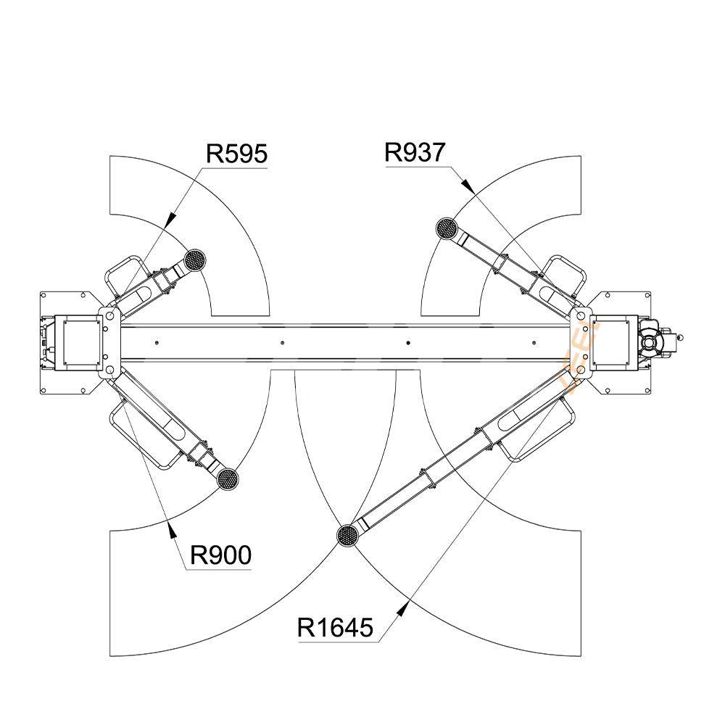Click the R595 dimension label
click(236, 154)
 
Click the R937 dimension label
click(415, 152)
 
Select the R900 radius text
click(220, 555)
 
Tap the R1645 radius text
click(335, 626)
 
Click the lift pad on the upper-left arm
click(194, 259)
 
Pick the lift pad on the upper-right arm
click(446, 228)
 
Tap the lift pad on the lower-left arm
click(228, 478)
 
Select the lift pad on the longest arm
click(348, 536)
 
